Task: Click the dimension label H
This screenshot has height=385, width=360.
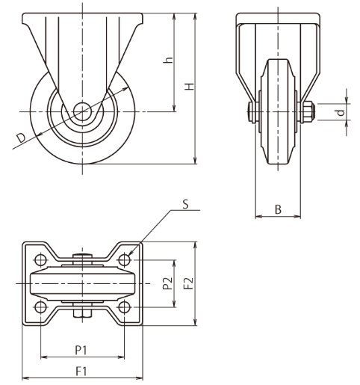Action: [190, 87]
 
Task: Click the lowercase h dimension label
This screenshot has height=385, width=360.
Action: [168, 61]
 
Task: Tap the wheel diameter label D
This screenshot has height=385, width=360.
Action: [21, 138]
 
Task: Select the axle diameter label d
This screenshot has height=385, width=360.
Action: [341, 113]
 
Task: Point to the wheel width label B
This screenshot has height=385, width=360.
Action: [278, 209]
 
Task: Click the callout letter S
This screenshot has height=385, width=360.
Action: [185, 204]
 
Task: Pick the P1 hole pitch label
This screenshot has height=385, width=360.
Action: [81, 351]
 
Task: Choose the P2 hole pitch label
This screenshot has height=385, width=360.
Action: [168, 283]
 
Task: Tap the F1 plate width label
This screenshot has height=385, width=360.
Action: [81, 372]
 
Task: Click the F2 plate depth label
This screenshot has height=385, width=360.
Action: [189, 283]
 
